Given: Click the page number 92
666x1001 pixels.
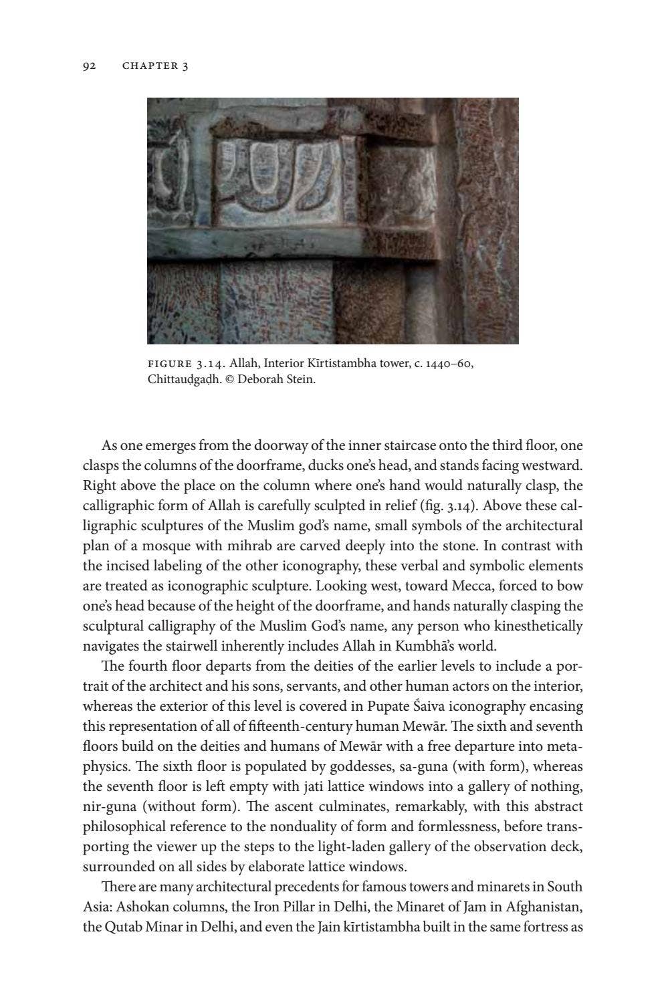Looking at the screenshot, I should pyautogui.click(x=90, y=66).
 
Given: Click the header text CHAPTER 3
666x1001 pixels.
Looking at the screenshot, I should pyautogui.click(x=155, y=66).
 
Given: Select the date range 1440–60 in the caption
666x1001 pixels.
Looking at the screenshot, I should pyautogui.click(x=451, y=364).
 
